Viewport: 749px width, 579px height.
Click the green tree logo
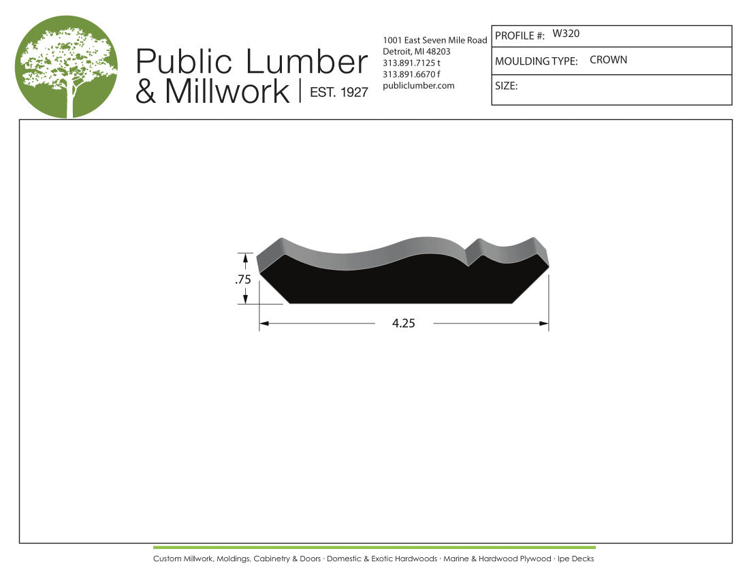coord(66,66)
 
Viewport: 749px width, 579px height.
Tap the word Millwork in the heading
coord(227,91)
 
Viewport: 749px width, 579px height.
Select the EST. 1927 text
coord(338,92)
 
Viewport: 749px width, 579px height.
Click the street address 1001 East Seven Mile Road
coord(434,40)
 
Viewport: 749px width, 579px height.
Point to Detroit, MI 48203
coord(417,52)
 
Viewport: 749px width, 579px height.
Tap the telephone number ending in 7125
coord(411,63)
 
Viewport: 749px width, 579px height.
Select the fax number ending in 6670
coord(411,74)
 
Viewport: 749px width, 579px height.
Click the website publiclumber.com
coord(419,86)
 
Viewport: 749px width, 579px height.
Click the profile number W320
coord(566,33)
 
